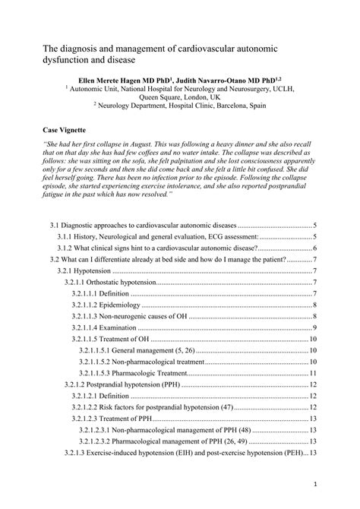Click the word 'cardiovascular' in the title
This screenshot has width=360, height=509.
(226, 48)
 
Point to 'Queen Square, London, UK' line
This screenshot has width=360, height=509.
(180, 97)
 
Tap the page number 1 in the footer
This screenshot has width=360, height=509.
(314, 483)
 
